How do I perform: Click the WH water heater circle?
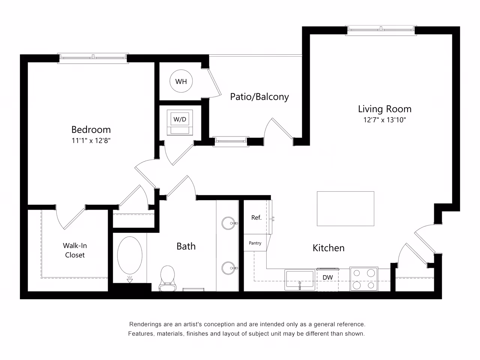click(181, 81)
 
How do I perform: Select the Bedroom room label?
click(91, 130)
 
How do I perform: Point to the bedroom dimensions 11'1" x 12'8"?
click(91, 141)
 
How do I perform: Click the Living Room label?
click(384, 109)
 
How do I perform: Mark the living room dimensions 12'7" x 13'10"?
click(384, 120)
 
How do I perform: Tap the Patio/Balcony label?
click(259, 97)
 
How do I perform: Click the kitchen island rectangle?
click(345, 208)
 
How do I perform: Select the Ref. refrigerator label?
click(256, 217)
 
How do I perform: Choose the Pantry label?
click(255, 243)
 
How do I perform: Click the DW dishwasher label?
click(328, 277)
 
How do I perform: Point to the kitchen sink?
click(299, 280)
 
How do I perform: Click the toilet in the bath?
click(167, 277)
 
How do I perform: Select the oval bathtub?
click(130, 256)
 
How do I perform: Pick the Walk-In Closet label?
click(75, 250)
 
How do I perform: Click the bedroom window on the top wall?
click(93, 57)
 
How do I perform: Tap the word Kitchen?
click(328, 248)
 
